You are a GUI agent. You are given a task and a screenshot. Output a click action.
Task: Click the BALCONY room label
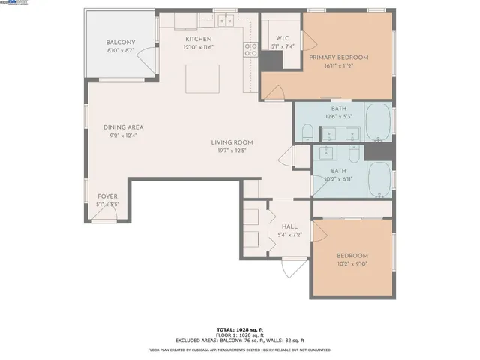coord(120,42)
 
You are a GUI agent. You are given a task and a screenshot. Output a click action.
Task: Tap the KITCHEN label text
coord(199,39)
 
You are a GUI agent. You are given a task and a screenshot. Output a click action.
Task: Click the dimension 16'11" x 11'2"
coord(339,65)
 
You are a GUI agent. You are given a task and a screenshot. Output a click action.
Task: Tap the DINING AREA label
coord(124,127)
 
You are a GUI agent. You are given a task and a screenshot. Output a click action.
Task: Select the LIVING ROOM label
coord(232,142)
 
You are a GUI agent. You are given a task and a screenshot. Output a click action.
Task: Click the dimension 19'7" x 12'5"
coord(232,150)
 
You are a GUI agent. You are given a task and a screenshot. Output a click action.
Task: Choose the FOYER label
coord(108,196)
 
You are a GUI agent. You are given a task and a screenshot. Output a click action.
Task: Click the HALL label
coord(289,226)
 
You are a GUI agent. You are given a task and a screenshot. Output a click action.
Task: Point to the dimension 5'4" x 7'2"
coord(289,235)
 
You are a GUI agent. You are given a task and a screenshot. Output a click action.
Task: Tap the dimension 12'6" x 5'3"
coord(338,115)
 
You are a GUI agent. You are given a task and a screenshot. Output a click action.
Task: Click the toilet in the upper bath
coord(306,133)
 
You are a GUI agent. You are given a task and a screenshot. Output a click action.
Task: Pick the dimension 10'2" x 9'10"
coord(352,264)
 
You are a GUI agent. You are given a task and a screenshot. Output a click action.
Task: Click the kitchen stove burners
coord(250,49)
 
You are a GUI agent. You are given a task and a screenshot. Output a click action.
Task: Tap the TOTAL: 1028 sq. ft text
coord(239,329)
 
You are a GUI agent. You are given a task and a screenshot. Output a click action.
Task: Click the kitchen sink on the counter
coord(224,21)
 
